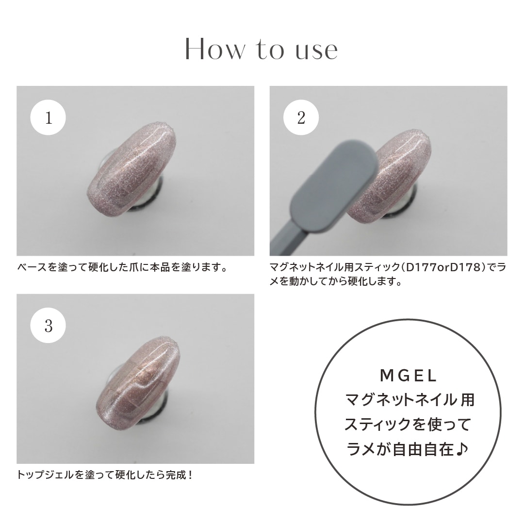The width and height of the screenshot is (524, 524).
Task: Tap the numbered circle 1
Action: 48,118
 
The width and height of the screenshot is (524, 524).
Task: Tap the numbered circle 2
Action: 301,118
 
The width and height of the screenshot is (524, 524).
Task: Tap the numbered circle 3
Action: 48,326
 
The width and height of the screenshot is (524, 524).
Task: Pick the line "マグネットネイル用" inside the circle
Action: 409,400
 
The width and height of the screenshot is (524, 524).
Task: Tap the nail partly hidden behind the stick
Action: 398,180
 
